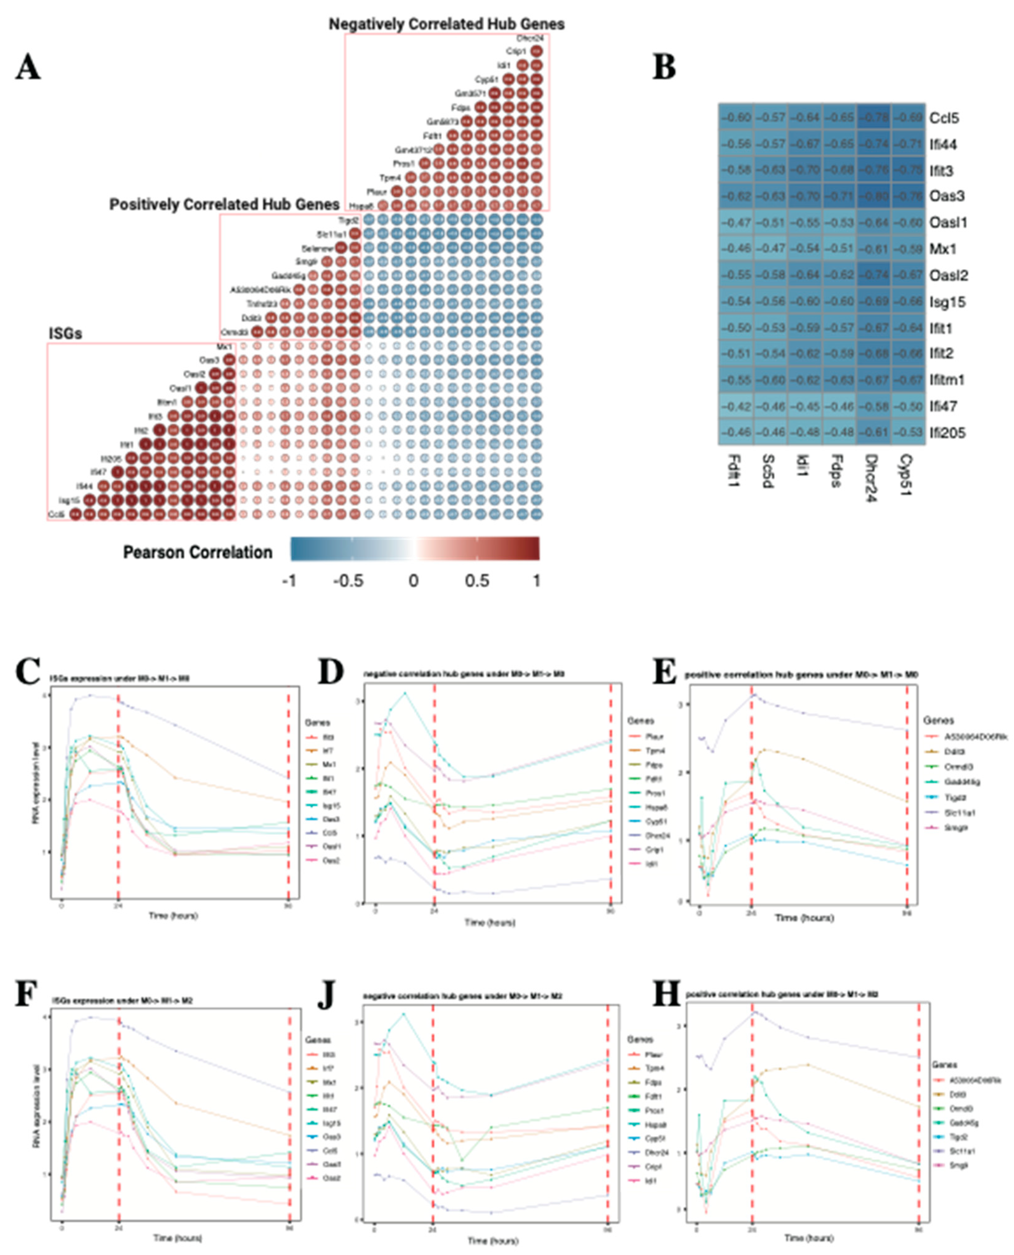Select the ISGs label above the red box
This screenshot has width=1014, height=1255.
(65, 334)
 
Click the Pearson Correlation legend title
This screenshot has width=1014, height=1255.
(197, 552)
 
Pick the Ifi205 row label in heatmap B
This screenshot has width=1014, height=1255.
(948, 433)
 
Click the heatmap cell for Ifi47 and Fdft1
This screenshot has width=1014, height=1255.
(736, 406)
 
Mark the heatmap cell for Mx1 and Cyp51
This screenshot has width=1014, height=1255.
(908, 249)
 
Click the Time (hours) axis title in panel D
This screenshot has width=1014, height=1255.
(490, 923)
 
